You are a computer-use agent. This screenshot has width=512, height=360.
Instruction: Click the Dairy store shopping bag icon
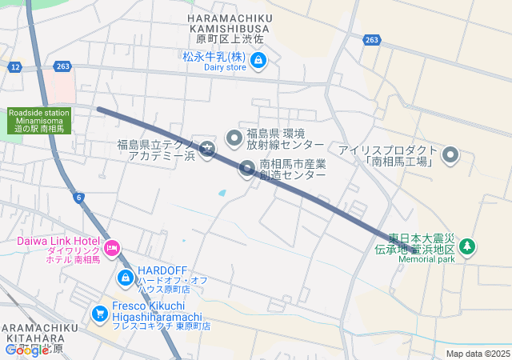(x=258, y=60)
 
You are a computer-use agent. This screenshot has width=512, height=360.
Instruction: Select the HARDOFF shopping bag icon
(x=125, y=278)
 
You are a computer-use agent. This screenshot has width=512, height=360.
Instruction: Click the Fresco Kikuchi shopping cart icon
(x=100, y=313)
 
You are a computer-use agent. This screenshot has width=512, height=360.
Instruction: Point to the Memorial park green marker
(x=468, y=246)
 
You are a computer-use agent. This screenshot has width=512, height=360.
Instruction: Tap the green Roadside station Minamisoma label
(x=40, y=121)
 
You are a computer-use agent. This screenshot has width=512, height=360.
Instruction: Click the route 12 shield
(x=15, y=66)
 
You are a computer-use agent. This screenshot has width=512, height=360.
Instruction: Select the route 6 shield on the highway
(x=78, y=198)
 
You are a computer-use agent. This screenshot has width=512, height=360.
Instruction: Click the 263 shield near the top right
(x=371, y=39)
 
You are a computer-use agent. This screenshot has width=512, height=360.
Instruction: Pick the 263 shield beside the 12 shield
(x=64, y=66)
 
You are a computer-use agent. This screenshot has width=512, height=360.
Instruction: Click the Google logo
(x=26, y=350)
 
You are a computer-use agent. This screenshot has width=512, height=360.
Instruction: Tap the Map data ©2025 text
(x=478, y=354)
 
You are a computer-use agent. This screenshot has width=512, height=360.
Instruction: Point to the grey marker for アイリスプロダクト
(x=450, y=154)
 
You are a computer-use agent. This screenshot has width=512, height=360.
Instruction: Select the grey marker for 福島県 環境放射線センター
(x=234, y=138)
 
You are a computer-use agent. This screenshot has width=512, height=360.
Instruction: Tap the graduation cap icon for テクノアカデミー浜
(x=207, y=148)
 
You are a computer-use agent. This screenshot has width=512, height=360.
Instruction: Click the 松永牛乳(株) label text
(x=214, y=57)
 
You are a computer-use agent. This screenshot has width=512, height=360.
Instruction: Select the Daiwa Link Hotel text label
(x=58, y=242)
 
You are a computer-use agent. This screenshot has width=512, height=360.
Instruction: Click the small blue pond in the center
(x=222, y=193)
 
